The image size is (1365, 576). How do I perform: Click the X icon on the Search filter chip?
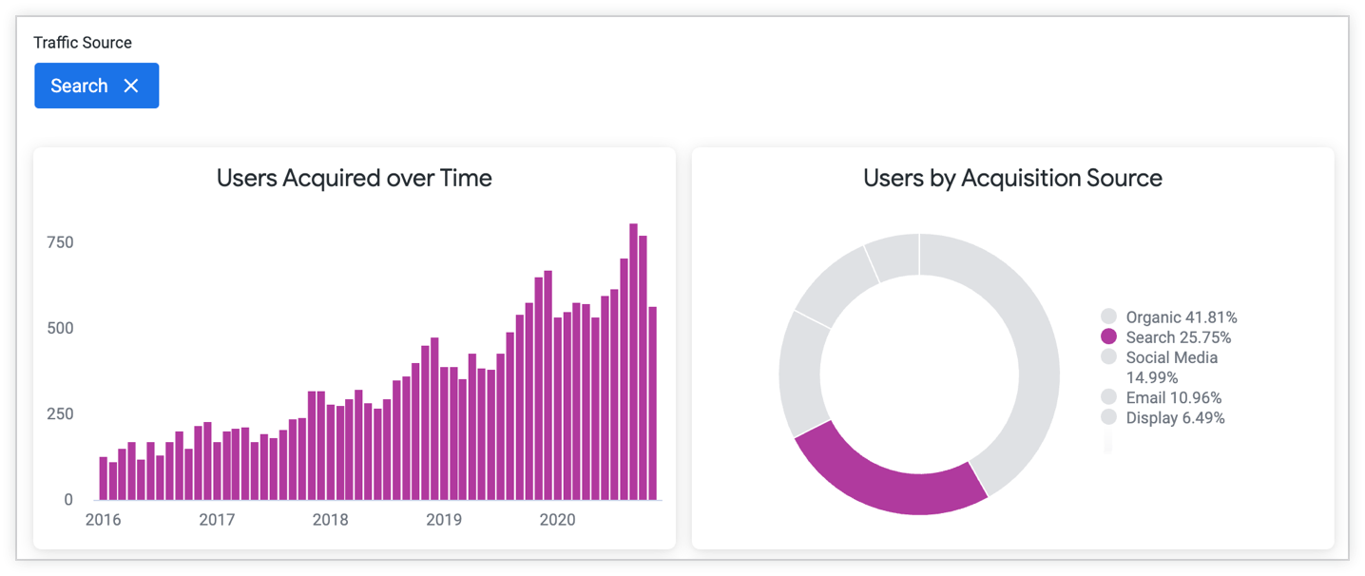coord(131,86)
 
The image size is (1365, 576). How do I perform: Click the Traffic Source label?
coord(83,43)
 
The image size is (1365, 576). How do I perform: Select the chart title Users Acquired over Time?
coord(354,178)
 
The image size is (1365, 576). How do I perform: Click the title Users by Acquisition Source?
coord(1012,178)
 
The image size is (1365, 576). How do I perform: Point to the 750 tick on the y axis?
coord(60,242)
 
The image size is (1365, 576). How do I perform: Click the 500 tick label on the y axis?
coord(60,328)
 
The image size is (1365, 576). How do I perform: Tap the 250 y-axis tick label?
coord(60,413)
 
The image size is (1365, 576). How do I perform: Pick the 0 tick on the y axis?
coord(67,499)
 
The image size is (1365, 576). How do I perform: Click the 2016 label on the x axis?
coord(104,520)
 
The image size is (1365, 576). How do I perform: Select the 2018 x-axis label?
coord(331,520)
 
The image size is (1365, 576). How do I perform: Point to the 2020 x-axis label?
coord(558,520)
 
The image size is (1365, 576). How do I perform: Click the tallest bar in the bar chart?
coord(634,361)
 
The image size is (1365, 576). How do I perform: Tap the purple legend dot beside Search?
coord(1108,336)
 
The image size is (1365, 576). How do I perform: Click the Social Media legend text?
coord(1171,357)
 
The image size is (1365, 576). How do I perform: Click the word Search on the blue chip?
coord(79,86)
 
